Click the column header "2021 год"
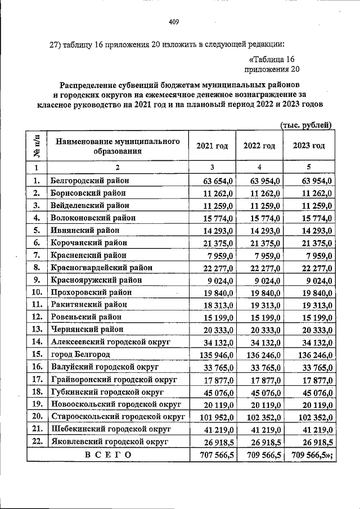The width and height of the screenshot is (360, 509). [212, 146]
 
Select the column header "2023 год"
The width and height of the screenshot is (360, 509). [309, 146]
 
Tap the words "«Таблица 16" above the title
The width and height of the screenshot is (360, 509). [271, 59]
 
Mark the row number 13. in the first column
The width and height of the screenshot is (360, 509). [37, 330]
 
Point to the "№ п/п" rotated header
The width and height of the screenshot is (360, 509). [37, 146]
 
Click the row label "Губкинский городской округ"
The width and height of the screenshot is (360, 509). [106, 391]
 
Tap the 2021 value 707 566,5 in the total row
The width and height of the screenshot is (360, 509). [214, 454]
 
